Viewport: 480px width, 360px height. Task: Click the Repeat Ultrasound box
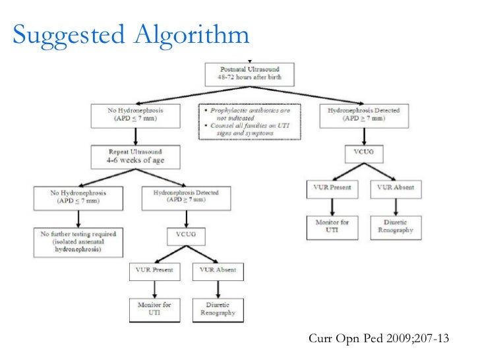136,157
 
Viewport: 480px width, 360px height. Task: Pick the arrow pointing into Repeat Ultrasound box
136,137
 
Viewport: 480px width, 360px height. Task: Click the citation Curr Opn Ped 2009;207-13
378,339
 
